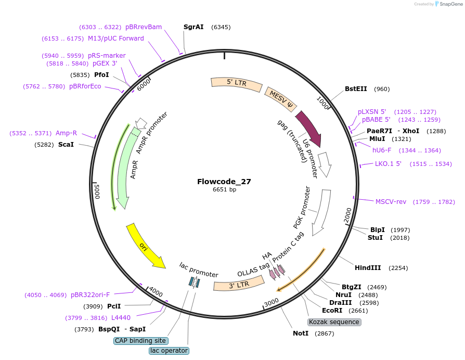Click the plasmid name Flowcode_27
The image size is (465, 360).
(224, 182)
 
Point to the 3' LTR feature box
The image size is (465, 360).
(239, 285)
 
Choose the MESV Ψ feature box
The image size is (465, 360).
(280, 99)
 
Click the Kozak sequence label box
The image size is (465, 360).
(334, 322)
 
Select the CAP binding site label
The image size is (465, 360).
(141, 341)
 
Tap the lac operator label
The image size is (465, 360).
(169, 351)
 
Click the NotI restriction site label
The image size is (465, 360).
(301, 333)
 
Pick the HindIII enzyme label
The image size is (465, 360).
(368, 268)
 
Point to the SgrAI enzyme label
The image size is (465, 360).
(193, 27)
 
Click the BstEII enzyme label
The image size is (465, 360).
(356, 89)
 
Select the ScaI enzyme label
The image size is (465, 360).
(66, 145)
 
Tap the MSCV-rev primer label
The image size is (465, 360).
(391, 202)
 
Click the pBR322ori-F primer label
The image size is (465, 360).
(90, 295)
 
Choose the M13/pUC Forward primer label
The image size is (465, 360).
(116, 38)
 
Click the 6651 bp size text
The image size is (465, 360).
(225, 189)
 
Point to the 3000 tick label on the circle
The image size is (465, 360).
(272, 302)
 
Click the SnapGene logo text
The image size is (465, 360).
(451, 4)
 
